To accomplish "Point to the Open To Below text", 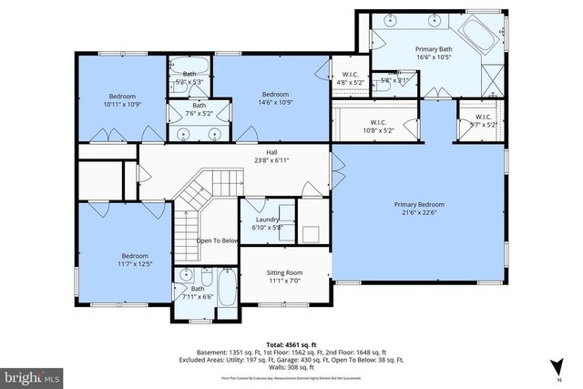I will click(217, 241).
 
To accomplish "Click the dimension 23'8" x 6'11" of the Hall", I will click(271, 160).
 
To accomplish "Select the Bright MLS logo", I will click(31, 374).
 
